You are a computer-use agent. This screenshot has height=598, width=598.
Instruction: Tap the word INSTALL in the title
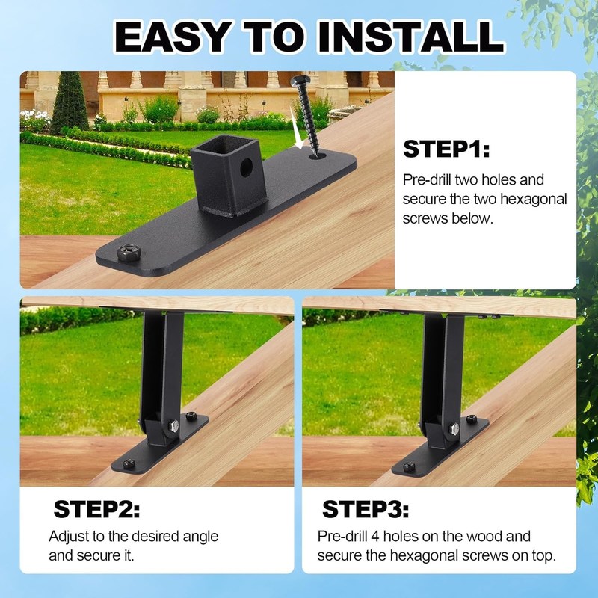411,37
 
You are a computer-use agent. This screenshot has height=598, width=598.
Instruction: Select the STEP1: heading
446,149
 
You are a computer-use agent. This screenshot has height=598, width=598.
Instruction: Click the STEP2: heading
96,509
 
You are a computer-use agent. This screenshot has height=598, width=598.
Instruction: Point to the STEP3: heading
366,509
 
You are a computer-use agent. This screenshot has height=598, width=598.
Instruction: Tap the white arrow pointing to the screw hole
295,128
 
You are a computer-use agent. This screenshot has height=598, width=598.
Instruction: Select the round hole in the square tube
246,167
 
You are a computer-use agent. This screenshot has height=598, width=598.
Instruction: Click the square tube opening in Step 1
225,144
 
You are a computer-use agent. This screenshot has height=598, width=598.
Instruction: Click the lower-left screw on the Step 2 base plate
129,463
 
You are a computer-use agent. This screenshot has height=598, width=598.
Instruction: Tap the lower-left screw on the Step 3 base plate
409,466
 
